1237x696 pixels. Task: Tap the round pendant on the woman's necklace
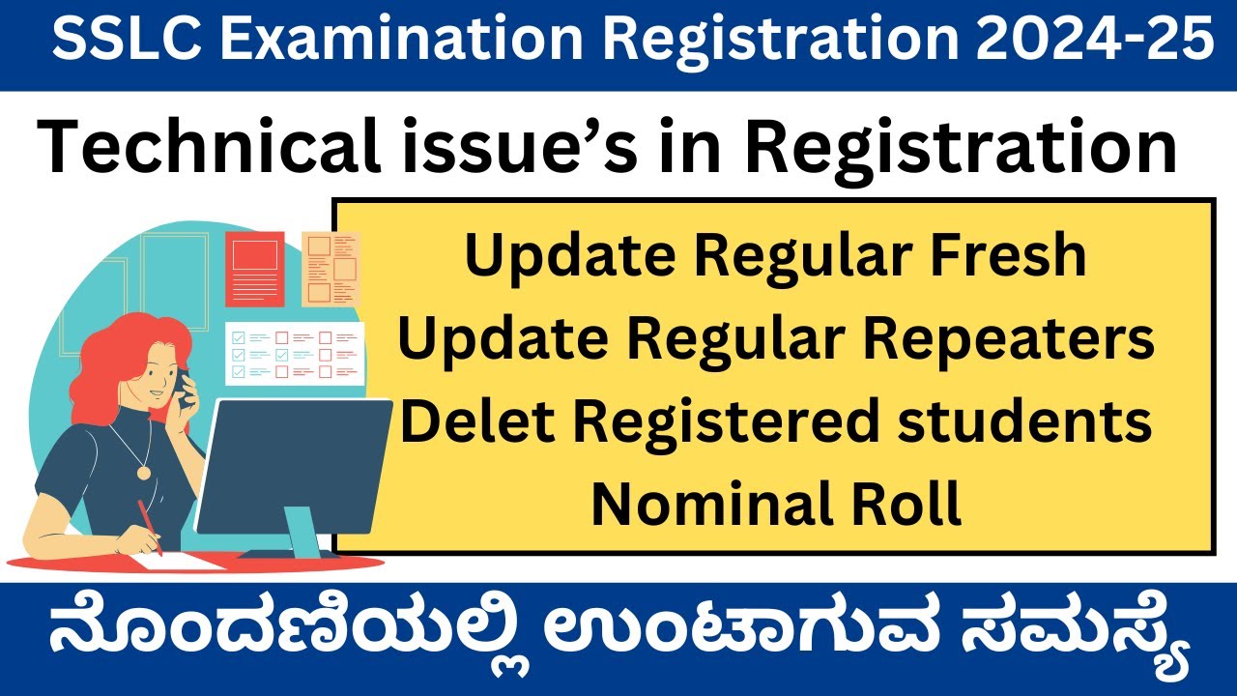pyautogui.click(x=144, y=473)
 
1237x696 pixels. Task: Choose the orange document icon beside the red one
pyautogui.click(x=330, y=269)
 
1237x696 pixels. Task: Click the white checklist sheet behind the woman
pyautogui.click(x=294, y=353)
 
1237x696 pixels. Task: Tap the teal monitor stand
pyautogui.click(x=304, y=537)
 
